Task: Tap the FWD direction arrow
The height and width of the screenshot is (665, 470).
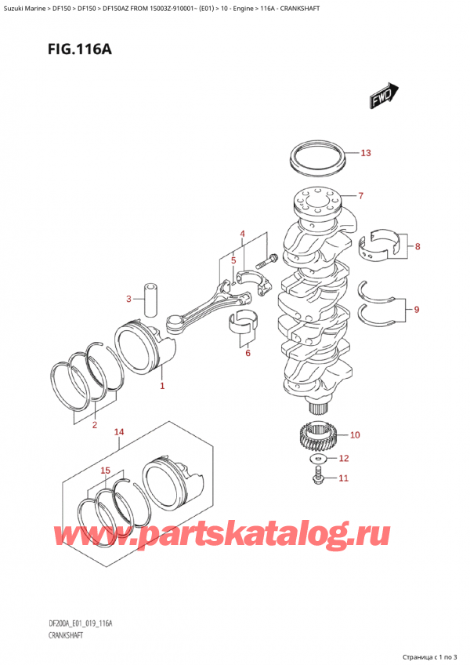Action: pyautogui.click(x=381, y=97)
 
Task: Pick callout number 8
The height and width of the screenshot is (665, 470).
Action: pyautogui.click(x=418, y=247)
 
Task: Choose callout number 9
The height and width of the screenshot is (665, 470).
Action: pyautogui.click(x=416, y=310)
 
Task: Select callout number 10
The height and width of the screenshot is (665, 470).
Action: pyautogui.click(x=355, y=434)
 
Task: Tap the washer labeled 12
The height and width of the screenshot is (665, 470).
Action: pyautogui.click(x=319, y=458)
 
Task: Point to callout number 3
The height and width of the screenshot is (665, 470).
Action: pyautogui.click(x=128, y=299)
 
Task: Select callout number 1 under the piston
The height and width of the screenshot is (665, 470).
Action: pyautogui.click(x=162, y=386)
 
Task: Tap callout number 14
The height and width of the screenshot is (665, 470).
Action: pyautogui.click(x=119, y=432)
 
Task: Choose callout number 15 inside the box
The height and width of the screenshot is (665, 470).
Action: pyautogui.click(x=106, y=471)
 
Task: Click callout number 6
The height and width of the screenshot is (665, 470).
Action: pyautogui.click(x=248, y=354)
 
